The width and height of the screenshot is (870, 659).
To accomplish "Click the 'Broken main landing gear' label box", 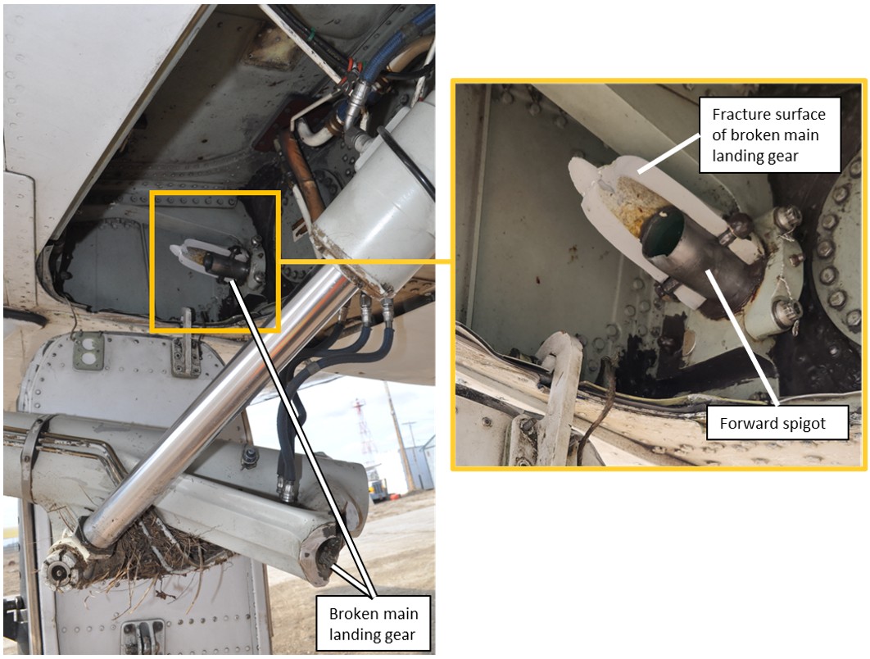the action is pyautogui.click(x=373, y=624).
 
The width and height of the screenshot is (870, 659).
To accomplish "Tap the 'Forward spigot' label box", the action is pyautogui.click(x=777, y=423).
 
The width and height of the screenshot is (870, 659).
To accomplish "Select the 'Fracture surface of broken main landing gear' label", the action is pyautogui.click(x=769, y=135).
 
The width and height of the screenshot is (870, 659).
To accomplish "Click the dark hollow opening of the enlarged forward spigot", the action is pyautogui.click(x=663, y=232).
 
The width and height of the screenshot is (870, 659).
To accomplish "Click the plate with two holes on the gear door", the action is pyautogui.click(x=88, y=352).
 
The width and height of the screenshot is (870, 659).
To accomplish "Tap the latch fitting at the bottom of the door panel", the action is pyautogui.click(x=143, y=636).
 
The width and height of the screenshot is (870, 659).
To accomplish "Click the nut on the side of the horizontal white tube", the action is pyautogui.click(x=249, y=457).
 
